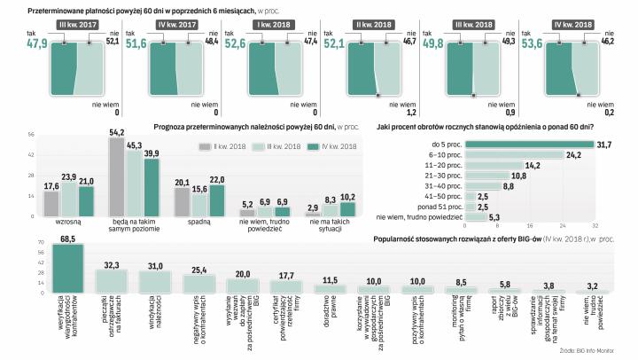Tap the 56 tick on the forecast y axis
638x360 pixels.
click(30, 136)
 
